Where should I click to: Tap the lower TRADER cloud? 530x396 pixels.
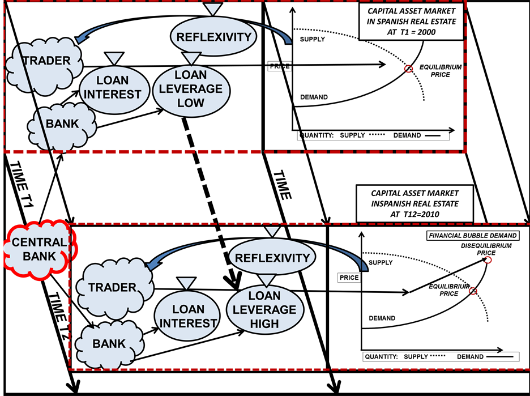(x=113, y=287)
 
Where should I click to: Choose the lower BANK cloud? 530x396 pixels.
(x=109, y=343)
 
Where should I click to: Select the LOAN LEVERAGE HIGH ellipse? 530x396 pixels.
(x=264, y=310)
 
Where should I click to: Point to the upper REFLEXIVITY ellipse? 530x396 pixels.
(x=213, y=37)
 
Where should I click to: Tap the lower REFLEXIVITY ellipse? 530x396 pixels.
(x=272, y=258)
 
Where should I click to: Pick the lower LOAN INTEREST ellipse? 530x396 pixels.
(x=187, y=315)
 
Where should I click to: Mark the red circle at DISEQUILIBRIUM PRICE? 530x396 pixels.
(x=488, y=260)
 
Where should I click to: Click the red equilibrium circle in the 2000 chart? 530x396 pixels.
(x=408, y=69)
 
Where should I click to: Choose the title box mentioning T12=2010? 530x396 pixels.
(x=414, y=202)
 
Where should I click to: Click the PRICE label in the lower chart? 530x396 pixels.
(x=349, y=278)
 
